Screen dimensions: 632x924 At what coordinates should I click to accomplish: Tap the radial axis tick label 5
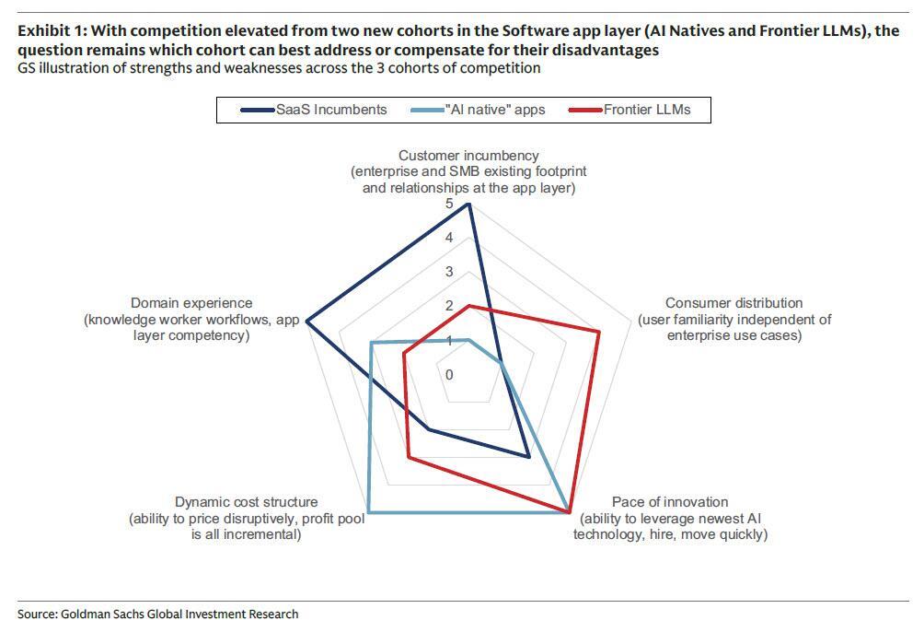(x=449, y=204)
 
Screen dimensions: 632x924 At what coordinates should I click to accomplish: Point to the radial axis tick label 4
(x=449, y=238)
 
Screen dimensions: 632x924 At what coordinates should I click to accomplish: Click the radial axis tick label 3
(x=449, y=272)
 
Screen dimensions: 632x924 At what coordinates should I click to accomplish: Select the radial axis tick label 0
(x=449, y=375)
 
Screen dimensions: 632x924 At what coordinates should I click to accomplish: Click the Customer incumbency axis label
(x=468, y=171)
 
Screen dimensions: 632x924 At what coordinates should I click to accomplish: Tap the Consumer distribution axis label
(x=733, y=319)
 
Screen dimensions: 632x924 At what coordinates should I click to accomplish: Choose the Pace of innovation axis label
(x=669, y=518)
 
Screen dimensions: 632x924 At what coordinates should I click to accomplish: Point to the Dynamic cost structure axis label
(x=246, y=518)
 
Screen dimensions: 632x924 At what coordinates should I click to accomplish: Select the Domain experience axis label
(x=191, y=319)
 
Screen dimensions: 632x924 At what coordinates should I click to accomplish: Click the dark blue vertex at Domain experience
(x=306, y=322)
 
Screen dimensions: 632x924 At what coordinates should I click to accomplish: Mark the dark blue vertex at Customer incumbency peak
(x=469, y=204)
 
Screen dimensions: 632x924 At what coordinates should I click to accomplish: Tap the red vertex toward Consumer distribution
(x=599, y=332)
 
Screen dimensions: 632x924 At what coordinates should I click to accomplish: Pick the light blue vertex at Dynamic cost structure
(x=368, y=512)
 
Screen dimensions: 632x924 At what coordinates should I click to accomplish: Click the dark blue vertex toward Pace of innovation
(x=528, y=456)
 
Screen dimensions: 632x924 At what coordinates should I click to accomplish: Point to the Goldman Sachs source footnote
(x=157, y=614)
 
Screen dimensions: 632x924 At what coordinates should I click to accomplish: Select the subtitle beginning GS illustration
(x=279, y=68)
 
